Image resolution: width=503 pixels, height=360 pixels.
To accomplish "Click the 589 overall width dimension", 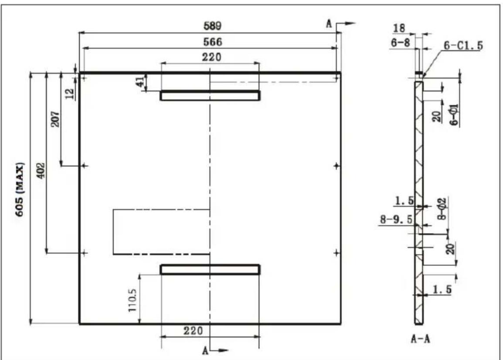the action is pos(212,26).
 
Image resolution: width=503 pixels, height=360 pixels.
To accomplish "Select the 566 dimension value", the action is pos(212,42).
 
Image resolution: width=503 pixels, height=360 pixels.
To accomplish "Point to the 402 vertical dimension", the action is pos(41,171).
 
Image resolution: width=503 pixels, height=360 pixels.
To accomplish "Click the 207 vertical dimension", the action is pos(55,119).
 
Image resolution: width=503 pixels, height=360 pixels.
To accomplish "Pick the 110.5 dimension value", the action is pos(133,300).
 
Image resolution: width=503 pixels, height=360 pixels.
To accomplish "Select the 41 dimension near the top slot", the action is pos(140,82).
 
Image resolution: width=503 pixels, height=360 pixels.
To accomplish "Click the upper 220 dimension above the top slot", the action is pos(211,57).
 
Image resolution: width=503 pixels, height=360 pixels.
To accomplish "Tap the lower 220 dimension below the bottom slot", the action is pos(193,330).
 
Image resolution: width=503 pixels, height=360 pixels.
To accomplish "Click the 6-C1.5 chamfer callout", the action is pos(463,46).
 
